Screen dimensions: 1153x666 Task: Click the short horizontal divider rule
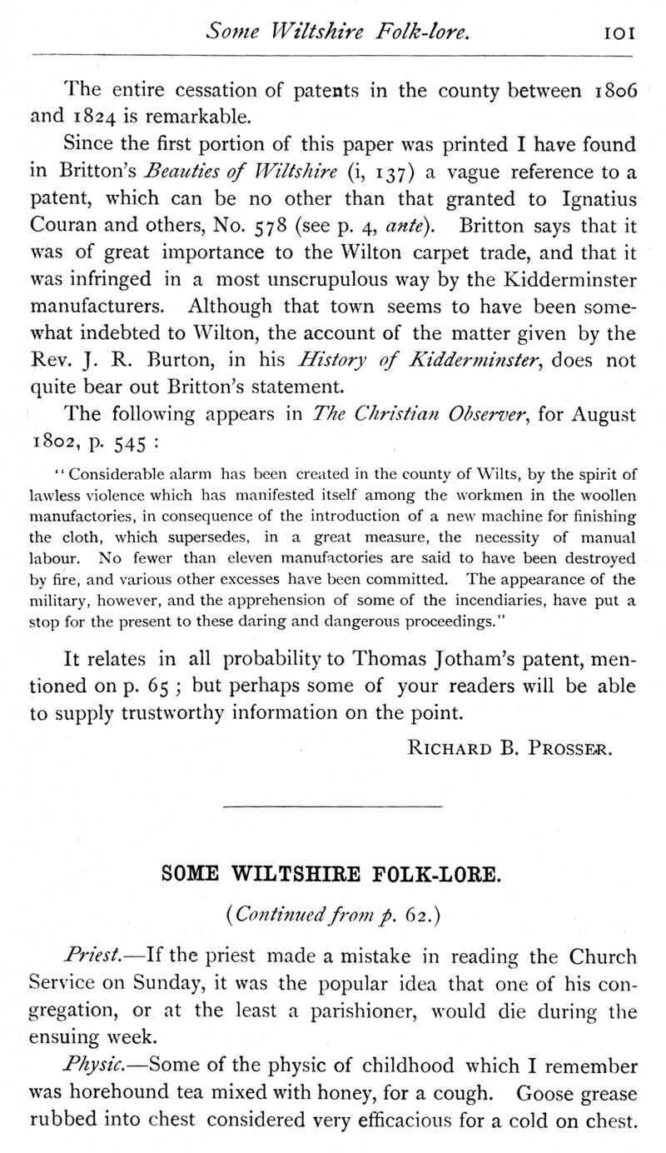[x=333, y=806]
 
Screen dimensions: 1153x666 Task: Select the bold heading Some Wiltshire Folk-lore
[x=332, y=876]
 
